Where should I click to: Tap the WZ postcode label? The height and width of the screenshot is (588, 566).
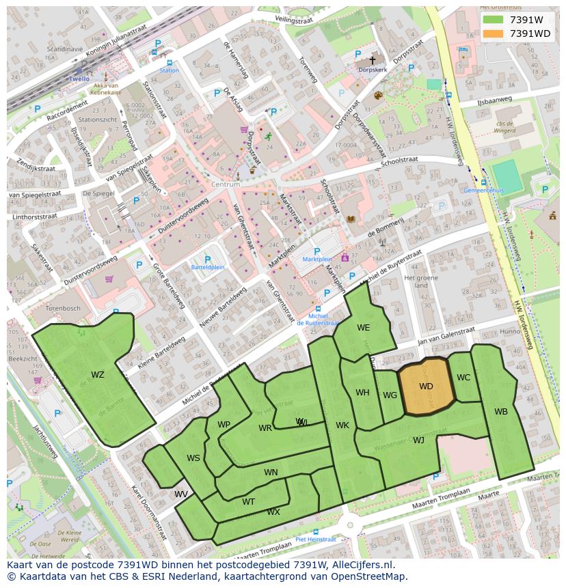tap(98, 374)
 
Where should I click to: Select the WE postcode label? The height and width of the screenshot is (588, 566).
tap(363, 328)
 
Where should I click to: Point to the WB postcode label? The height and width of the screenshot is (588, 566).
tap(501, 411)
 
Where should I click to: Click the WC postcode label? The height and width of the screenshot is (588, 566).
tap(463, 378)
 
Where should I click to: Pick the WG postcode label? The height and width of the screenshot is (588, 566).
tap(390, 395)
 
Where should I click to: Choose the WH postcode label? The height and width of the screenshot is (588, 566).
tap(362, 393)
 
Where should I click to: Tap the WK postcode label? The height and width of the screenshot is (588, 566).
tap(342, 425)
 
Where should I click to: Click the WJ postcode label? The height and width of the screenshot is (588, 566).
tap(418, 440)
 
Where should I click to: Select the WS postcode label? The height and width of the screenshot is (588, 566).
tap(193, 458)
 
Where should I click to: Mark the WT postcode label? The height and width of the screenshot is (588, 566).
tap(248, 501)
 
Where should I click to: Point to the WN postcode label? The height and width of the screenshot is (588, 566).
tap(271, 472)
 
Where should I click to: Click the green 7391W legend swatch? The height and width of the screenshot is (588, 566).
tap(493, 20)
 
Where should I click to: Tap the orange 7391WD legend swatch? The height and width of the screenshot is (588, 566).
tap(493, 33)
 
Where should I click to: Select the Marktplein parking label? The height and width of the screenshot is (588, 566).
tap(316, 260)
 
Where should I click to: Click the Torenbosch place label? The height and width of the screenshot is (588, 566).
tap(63, 308)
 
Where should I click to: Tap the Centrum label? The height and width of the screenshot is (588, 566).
tap(226, 184)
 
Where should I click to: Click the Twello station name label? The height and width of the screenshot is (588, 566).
tap(79, 79)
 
